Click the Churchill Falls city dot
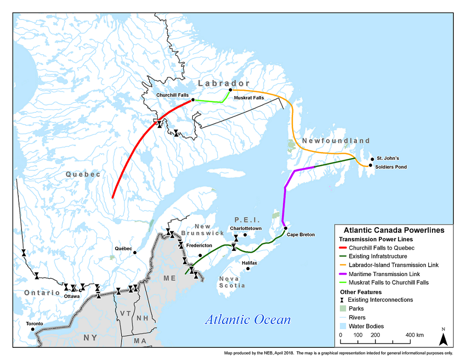coord(193,100)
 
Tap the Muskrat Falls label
coord(249,98)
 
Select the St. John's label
coord(388,158)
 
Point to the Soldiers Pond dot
coord(370,166)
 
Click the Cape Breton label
coord(301,235)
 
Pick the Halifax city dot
coord(248,269)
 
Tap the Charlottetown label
coord(246,228)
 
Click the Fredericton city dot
coord(200,255)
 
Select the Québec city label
coord(123,249)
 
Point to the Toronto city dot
coord(33,329)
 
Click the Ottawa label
coord(72,296)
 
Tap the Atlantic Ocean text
coord(248,320)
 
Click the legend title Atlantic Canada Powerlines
coord(393,230)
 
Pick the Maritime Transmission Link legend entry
coord(384,274)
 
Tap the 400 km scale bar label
coord(414,335)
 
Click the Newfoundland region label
coord(336,141)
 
